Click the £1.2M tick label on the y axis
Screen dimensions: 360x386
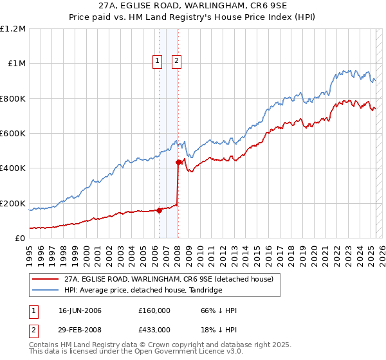pyautogui.click(x=13, y=28)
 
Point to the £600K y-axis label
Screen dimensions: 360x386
pyautogui.click(x=13, y=133)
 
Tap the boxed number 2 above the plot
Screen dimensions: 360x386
pyautogui.click(x=176, y=62)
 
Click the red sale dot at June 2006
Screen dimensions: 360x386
pyautogui.click(x=159, y=210)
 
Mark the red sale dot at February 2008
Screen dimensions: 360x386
pyautogui.click(x=178, y=162)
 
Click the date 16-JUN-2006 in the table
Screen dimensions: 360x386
pyautogui.click(x=80, y=310)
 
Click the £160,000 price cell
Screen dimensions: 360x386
pyautogui.click(x=154, y=310)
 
